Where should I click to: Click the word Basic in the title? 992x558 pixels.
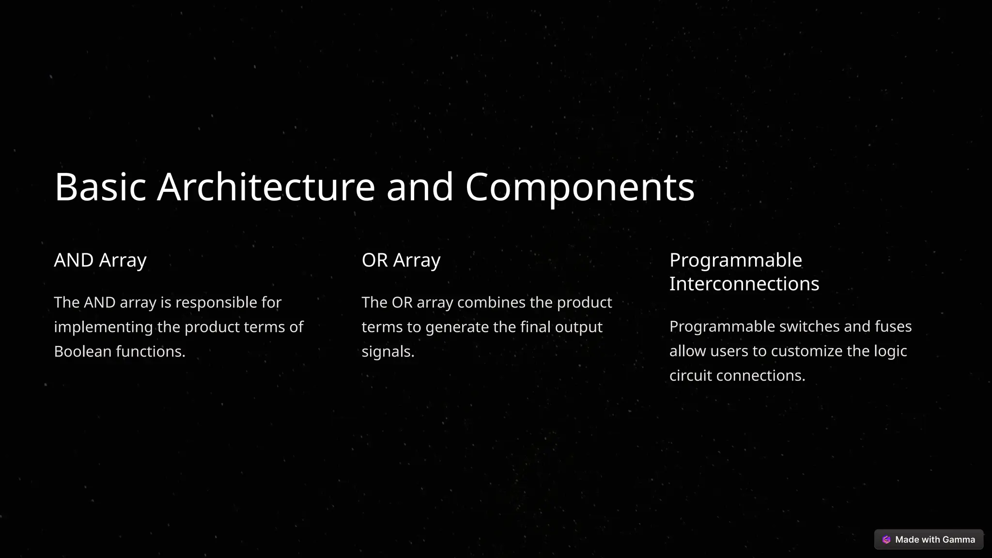100,186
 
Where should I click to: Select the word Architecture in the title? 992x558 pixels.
266,186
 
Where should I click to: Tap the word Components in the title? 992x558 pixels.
580,187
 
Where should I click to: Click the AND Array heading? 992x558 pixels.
100,260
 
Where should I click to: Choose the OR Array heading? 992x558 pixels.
401,260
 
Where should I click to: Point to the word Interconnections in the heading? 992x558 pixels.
744,284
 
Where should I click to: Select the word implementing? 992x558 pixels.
103,327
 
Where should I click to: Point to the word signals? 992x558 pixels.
388,352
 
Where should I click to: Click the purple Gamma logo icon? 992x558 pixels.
886,540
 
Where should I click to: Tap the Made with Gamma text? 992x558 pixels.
935,540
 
